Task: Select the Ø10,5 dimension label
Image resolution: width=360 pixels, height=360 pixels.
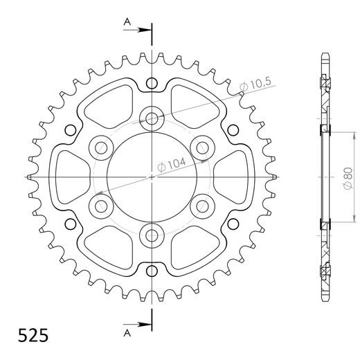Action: pyautogui.click(x=255, y=85)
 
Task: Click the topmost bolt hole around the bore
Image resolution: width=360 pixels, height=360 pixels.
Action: pyautogui.click(x=151, y=117)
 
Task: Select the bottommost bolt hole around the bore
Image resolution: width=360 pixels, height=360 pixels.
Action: pyautogui.click(x=151, y=235)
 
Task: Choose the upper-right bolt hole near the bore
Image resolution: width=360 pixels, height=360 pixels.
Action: pyautogui.click(x=202, y=146)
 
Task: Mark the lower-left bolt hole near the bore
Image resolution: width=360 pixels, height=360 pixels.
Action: pyautogui.click(x=100, y=205)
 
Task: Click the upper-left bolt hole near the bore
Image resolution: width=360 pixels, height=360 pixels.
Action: pyautogui.click(x=100, y=146)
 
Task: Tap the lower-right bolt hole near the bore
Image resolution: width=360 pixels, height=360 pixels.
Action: pyautogui.click(x=202, y=205)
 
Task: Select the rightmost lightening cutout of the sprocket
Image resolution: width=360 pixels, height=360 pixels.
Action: pyautogui.click(x=232, y=176)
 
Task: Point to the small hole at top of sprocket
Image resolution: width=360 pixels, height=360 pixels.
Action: pyautogui.click(x=151, y=84)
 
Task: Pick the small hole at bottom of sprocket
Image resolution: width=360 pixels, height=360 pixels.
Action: pyautogui.click(x=151, y=268)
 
